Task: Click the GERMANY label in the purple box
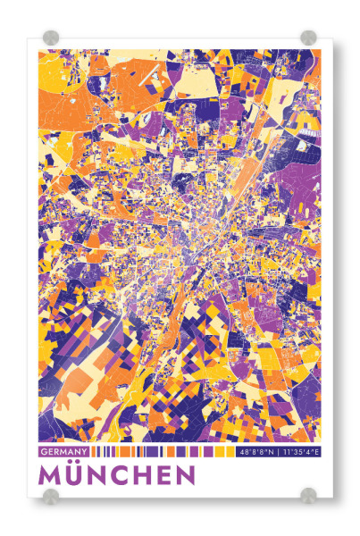point(63,452)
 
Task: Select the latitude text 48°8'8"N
point(256,452)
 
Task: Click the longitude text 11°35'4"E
point(300,452)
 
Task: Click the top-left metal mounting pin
point(51,38)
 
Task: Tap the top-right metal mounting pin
point(308,38)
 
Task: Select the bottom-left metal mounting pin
point(51,495)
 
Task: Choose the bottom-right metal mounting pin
point(308,495)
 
